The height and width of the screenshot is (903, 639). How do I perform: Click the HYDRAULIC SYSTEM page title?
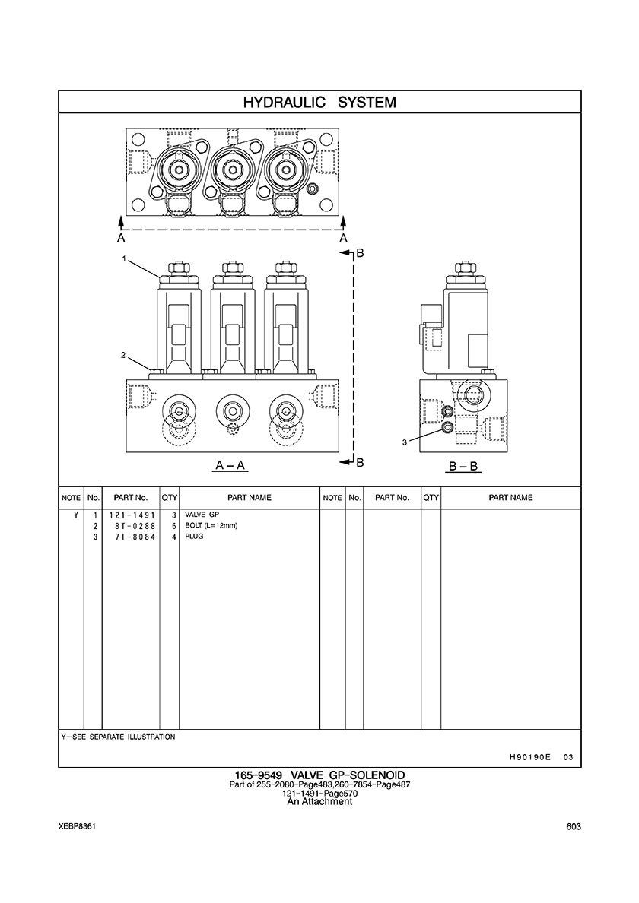(319, 102)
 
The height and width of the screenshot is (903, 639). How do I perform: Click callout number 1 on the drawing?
(123, 259)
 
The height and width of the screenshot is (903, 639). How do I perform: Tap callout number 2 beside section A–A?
(123, 355)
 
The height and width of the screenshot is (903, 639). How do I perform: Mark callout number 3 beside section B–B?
(405, 441)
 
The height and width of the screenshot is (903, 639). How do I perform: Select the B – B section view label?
(463, 465)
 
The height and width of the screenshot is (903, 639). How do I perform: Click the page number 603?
(574, 827)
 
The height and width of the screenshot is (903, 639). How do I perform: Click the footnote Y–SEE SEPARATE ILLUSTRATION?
(118, 737)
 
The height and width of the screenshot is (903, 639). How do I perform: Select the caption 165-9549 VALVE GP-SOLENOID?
(319, 776)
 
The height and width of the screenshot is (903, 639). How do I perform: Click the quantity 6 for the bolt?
(174, 526)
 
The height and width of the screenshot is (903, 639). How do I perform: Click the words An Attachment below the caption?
(319, 801)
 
